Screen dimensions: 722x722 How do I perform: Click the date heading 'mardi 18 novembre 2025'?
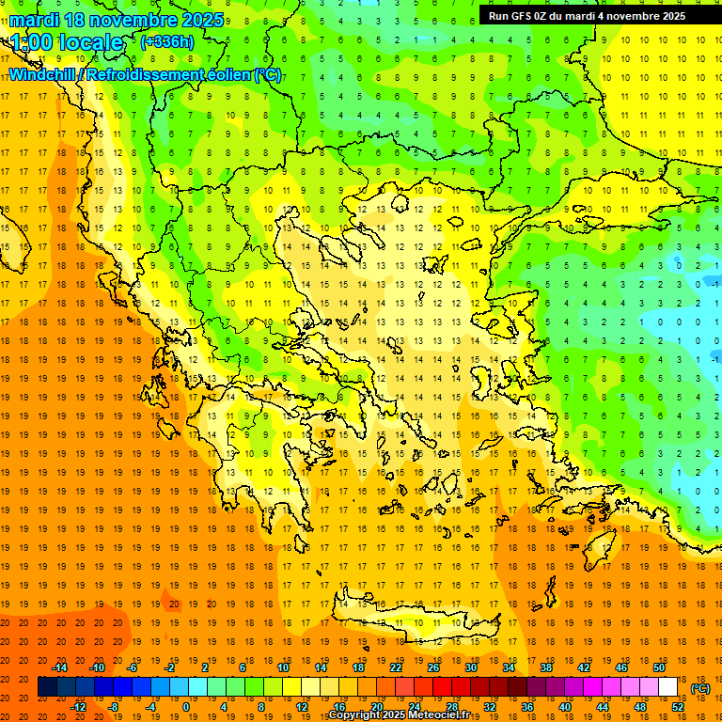coord(117,20)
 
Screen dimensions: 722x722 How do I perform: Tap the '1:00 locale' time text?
coord(67,42)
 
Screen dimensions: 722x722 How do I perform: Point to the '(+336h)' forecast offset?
coord(166,41)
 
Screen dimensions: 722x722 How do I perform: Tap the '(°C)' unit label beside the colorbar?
coord(700,688)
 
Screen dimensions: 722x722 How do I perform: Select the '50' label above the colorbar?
coord(658,667)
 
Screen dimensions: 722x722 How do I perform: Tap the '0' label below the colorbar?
coord(185,707)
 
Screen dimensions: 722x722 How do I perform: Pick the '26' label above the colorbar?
coord(433,667)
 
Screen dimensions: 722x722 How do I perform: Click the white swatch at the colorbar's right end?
coord(667,687)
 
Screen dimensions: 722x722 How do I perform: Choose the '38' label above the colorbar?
coord(545,667)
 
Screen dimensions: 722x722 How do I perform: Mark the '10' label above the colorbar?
coord(283,667)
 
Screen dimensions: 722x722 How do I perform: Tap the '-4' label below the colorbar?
coord(150,707)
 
